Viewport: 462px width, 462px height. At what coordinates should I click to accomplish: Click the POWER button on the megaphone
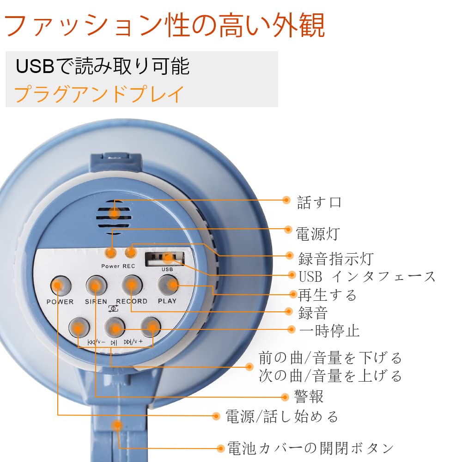pyautogui.click(x=60, y=286)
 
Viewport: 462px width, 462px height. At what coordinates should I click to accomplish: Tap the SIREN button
pyautogui.click(x=96, y=286)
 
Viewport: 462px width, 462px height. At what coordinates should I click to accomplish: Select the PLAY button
pyautogui.click(x=168, y=286)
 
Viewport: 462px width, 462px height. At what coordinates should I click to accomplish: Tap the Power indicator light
pyautogui.click(x=110, y=253)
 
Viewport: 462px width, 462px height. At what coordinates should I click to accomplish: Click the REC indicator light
pyautogui.click(x=131, y=252)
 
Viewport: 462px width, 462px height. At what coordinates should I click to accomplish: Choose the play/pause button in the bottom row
pyautogui.click(x=114, y=328)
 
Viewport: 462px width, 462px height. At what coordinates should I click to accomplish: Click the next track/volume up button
pyautogui.click(x=151, y=328)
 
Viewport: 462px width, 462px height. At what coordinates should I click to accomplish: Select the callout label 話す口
pyautogui.click(x=319, y=202)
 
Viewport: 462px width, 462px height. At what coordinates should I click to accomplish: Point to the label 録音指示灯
pyautogui.click(x=335, y=258)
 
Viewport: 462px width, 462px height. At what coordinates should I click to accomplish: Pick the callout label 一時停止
pyautogui.click(x=329, y=330)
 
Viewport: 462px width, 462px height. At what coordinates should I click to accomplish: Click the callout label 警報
pyautogui.click(x=309, y=396)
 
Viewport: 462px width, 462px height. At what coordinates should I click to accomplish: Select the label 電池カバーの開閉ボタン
pyautogui.click(x=310, y=448)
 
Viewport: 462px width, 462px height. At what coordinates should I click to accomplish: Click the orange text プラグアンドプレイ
pyautogui.click(x=99, y=93)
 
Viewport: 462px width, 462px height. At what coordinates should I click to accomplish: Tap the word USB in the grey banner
pyautogui.click(x=35, y=66)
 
